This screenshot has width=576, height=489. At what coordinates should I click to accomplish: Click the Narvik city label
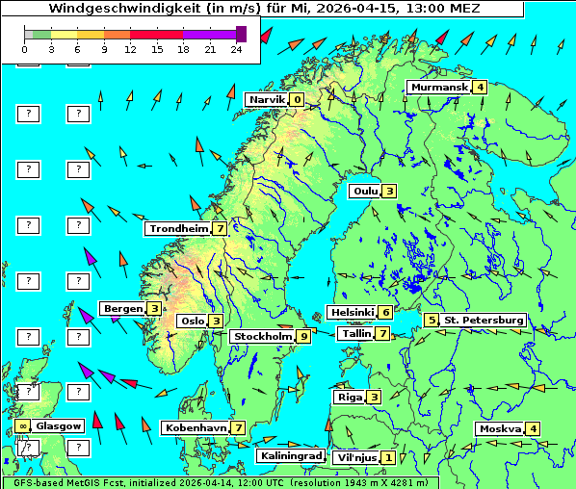pos(267,100)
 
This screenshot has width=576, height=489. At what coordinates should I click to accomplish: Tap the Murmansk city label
pos(439,88)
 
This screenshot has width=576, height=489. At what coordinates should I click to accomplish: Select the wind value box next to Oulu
pos(389,191)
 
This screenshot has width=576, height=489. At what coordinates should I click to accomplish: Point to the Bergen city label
pos(122,308)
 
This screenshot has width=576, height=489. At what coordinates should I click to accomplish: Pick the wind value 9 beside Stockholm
pos(303,337)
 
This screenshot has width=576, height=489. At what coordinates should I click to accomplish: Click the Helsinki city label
pos(351,312)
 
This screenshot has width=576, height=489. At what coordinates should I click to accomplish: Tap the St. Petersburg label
pos(484,320)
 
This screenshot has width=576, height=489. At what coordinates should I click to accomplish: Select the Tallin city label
pos(356,334)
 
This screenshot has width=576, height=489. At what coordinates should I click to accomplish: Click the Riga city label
pos(348,397)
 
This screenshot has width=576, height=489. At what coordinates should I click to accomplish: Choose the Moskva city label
pos(500,429)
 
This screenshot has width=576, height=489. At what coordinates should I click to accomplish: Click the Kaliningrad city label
pos(290,455)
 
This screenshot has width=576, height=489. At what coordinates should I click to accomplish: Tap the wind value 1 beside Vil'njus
pos(388,457)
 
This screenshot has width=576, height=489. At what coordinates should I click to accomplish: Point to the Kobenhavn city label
pos(196,427)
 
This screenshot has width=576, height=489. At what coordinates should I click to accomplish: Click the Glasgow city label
pos(59,425)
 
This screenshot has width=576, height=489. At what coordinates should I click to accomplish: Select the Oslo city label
pos(192,322)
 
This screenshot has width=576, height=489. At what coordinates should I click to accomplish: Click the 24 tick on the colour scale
pos(236,48)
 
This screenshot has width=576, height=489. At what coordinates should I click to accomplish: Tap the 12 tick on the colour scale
pos(131,48)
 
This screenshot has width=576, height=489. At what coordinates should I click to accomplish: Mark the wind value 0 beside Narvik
pos(297,100)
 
